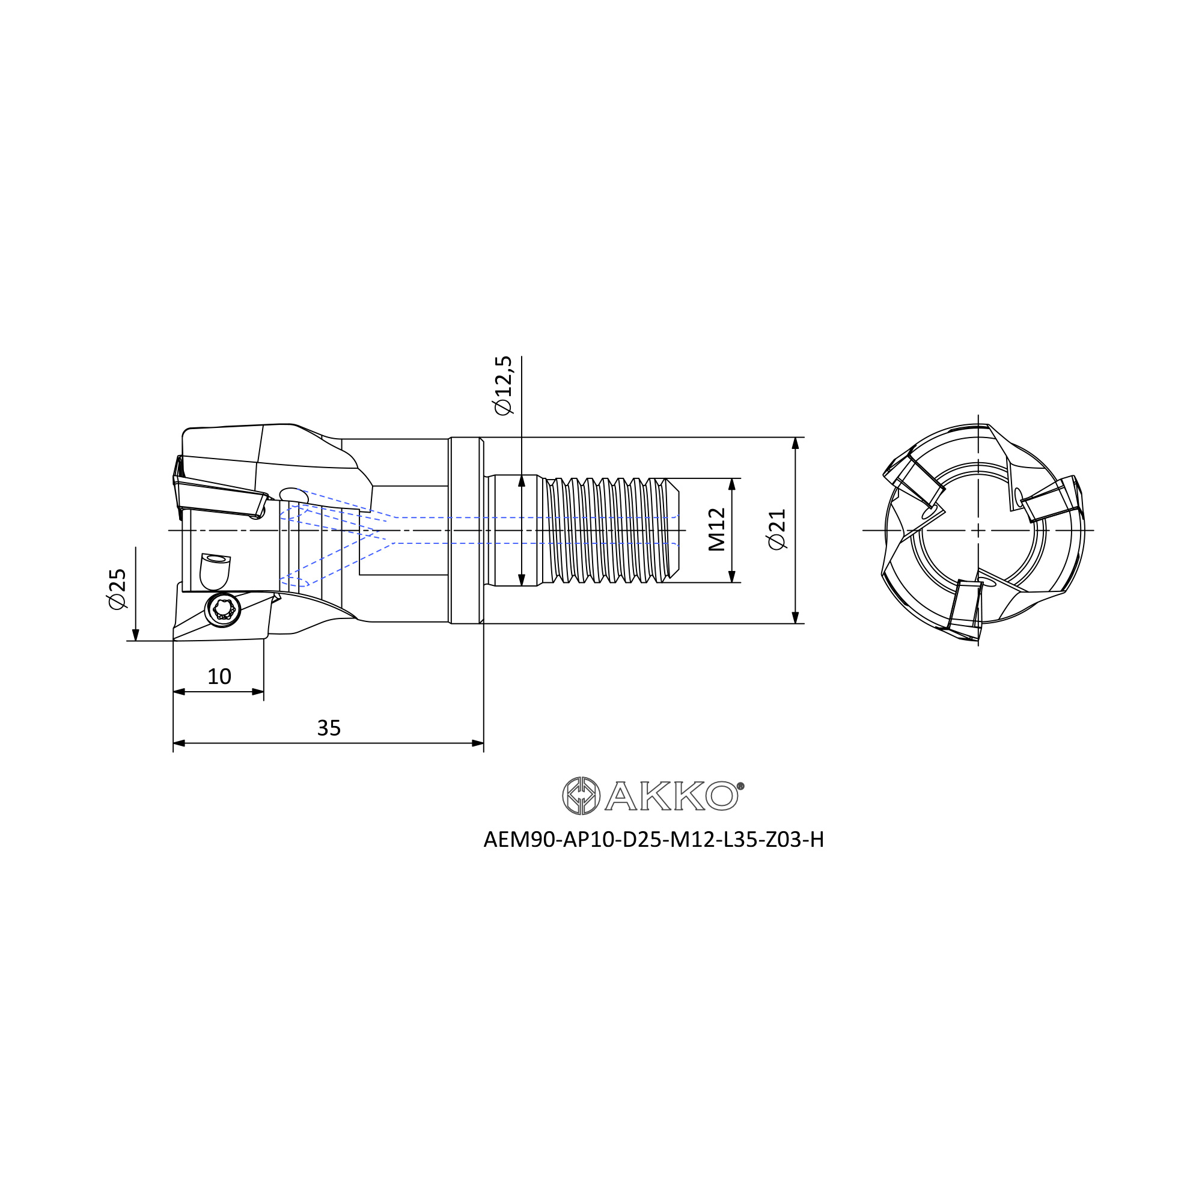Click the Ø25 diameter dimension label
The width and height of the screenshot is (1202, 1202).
click(118, 588)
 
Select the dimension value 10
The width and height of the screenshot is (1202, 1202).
click(219, 676)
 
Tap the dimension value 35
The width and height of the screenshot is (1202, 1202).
click(329, 728)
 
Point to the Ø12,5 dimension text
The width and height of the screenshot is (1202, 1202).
click(502, 385)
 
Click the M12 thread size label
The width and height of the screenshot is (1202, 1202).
click(717, 529)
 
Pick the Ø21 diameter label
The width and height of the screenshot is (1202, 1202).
click(777, 529)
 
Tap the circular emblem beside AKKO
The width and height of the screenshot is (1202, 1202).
click(581, 796)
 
